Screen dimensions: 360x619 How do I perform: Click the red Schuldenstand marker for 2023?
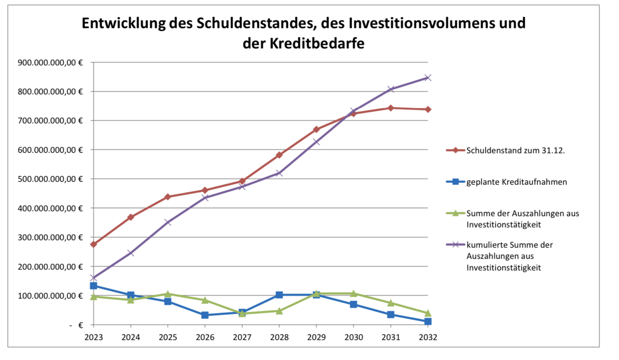click(93, 244)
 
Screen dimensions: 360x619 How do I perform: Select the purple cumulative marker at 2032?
click(427, 77)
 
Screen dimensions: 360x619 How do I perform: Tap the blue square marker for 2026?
click(205, 315)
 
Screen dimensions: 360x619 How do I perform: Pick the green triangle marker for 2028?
click(279, 311)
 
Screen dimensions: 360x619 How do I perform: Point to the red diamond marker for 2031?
click(391, 108)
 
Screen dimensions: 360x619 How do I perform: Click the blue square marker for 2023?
click(93, 286)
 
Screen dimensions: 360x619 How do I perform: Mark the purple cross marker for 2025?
click(168, 223)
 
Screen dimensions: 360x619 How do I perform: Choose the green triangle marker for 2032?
click(427, 313)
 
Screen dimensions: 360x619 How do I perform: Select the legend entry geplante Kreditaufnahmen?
click(516, 182)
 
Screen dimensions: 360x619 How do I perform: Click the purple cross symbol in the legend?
click(455, 245)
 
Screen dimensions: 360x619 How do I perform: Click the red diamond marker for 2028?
click(279, 155)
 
